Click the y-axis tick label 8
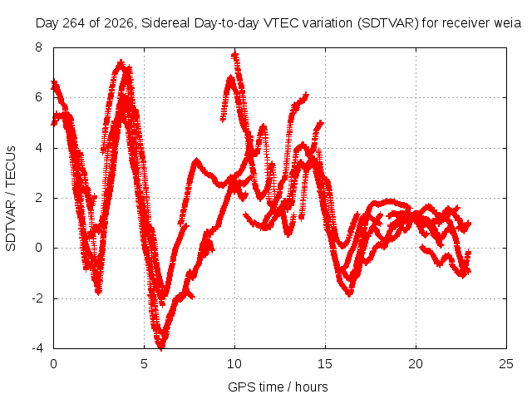click(38, 47)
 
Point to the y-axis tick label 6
click(38, 97)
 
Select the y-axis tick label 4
click(38, 148)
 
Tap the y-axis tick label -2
click(37, 298)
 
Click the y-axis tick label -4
click(37, 348)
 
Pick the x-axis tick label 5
click(144, 364)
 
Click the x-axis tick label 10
click(234, 364)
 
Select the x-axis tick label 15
click(325, 364)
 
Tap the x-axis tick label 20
click(416, 364)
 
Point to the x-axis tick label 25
click(506, 364)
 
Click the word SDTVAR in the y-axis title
click(11, 225)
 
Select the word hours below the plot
click(312, 387)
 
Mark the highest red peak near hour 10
click(234, 54)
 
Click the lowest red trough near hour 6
click(161, 346)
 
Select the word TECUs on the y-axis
click(11, 166)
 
